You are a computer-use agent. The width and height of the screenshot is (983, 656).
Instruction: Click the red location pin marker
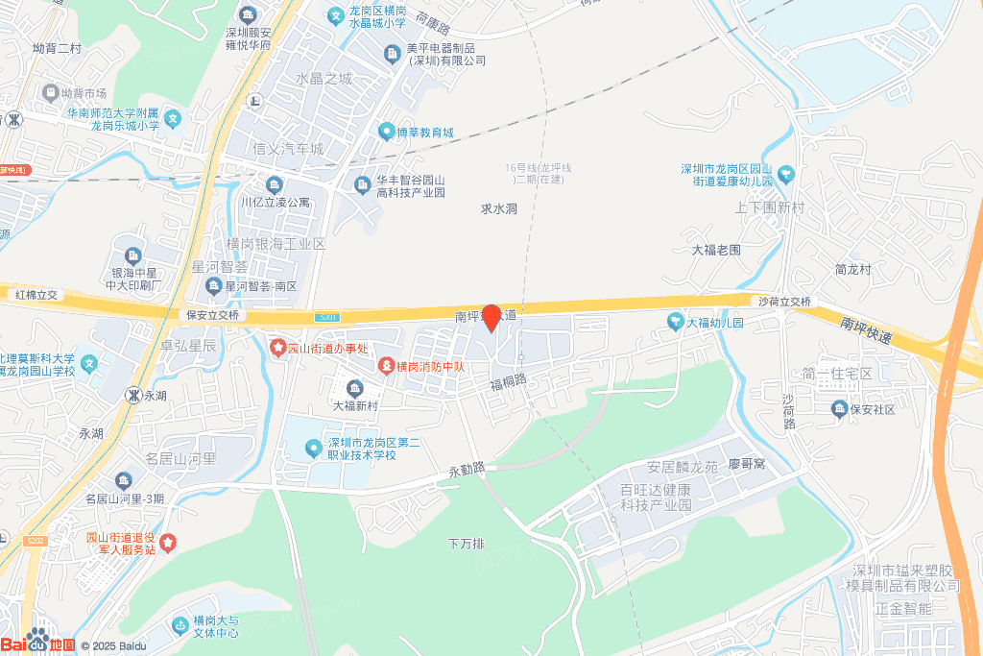click(x=491, y=317)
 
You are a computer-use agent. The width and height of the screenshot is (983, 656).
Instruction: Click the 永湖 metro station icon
click(x=134, y=395)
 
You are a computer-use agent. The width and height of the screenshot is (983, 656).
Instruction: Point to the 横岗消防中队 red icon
click(x=386, y=366)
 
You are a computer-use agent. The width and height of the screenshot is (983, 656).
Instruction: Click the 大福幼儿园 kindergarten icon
click(x=676, y=323)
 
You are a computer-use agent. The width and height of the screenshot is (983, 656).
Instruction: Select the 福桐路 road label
click(x=509, y=383)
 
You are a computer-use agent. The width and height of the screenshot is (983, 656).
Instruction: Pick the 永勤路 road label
click(x=467, y=471)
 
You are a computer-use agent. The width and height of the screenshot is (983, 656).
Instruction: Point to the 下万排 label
click(x=467, y=544)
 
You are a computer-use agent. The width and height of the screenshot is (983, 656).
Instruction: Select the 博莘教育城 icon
click(x=386, y=132)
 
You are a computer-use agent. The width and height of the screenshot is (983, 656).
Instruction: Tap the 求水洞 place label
click(x=499, y=208)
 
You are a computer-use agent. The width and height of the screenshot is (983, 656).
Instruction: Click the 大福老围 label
click(x=717, y=250)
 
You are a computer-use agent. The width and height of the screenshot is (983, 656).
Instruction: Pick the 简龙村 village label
click(x=852, y=270)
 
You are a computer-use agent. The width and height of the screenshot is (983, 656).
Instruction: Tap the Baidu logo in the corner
click(x=38, y=643)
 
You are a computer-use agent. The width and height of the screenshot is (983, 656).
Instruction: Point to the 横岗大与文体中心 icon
click(x=180, y=626)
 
